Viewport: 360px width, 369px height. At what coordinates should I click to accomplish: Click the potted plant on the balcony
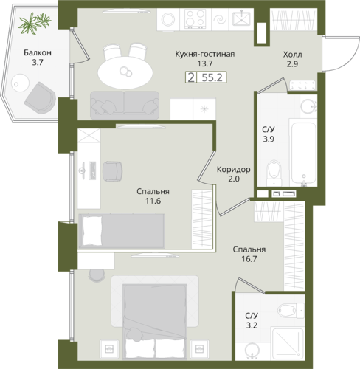pos(35,23)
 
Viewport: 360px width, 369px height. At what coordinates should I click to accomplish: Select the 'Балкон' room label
pos(38,52)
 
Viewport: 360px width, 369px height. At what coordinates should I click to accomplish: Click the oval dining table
pos(125,72)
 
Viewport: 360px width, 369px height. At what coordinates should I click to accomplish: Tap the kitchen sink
pos(241,18)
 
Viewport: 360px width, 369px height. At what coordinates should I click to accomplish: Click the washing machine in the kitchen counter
pos(168,19)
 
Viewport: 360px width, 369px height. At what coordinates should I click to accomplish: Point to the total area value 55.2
pos(212,77)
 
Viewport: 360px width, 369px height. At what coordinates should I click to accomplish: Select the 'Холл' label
pos(292,55)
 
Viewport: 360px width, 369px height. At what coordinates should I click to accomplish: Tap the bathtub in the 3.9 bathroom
pos(303,153)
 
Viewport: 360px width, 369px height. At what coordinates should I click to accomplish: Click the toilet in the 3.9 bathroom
pos(274,173)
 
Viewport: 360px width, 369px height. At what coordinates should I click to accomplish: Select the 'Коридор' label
pos(234,170)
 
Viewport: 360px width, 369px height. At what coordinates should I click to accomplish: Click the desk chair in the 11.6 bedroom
pos(112,171)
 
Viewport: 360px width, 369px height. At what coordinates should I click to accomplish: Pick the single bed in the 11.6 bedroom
pos(122,231)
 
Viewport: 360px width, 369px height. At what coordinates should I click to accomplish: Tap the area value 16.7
pos(249,259)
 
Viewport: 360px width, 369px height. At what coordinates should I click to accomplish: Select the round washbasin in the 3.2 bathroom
pos(252,349)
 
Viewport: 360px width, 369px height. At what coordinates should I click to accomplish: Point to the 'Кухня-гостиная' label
pos(205,54)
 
